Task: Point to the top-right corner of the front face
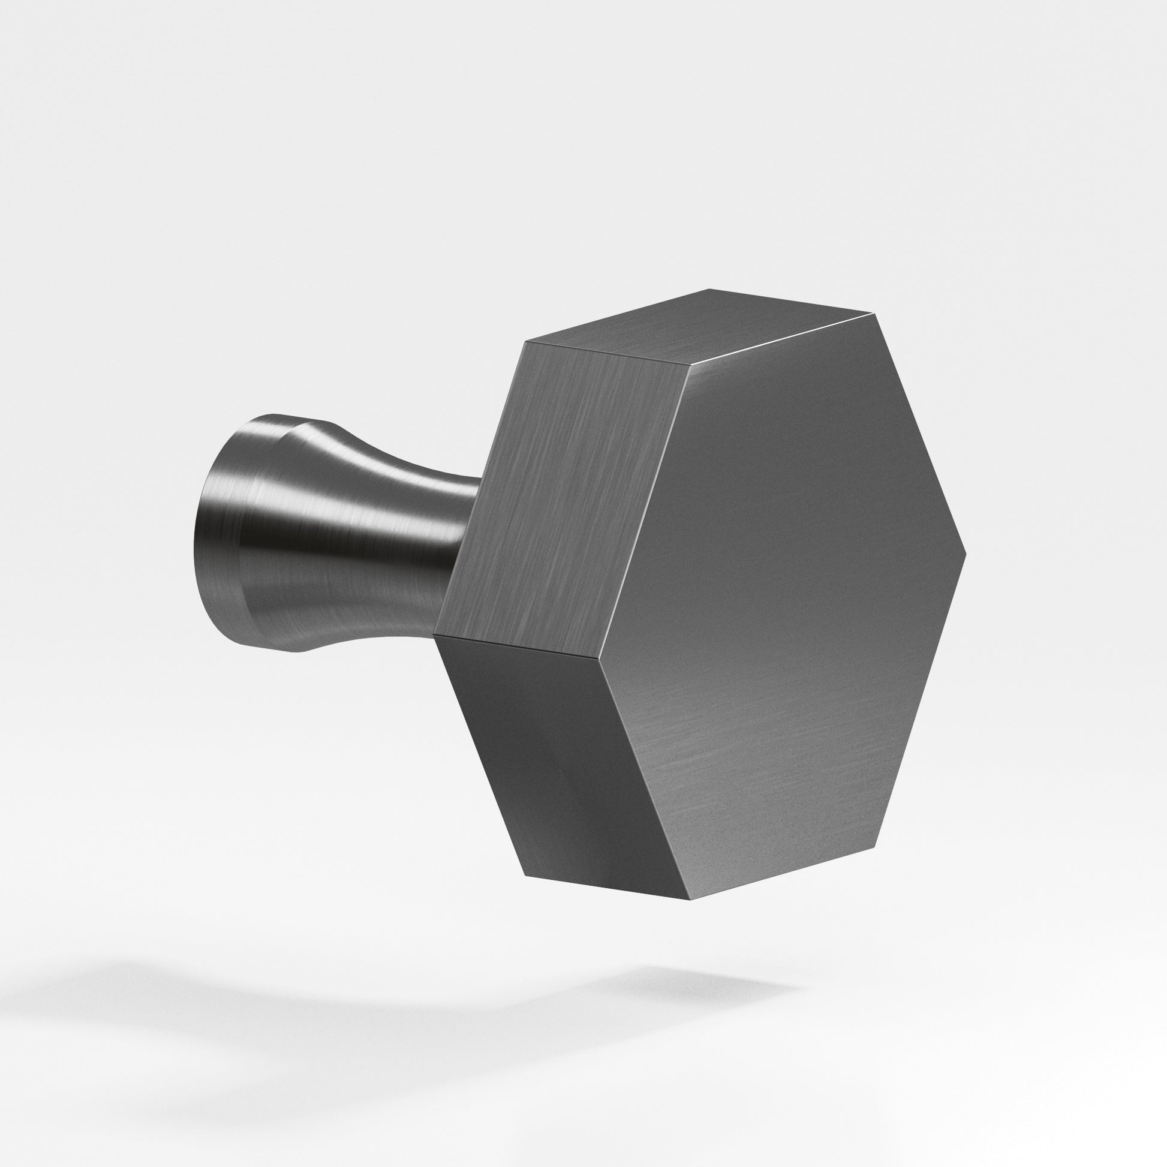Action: [x=873, y=314]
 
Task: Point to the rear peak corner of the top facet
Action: [x=711, y=289]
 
